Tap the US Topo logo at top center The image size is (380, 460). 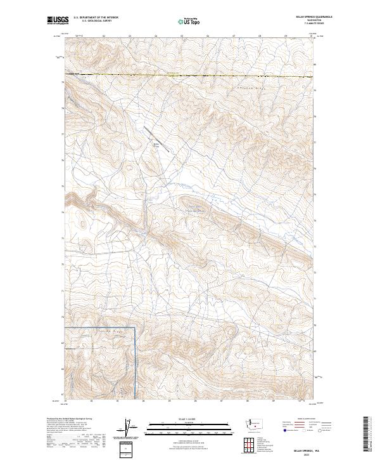[189, 20]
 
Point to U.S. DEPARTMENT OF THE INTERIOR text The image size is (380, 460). [96, 17]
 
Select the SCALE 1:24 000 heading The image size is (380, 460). [189, 419]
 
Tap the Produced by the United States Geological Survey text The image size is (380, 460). [67, 418]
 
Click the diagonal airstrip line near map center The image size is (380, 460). [160, 138]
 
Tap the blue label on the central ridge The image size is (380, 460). [198, 209]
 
